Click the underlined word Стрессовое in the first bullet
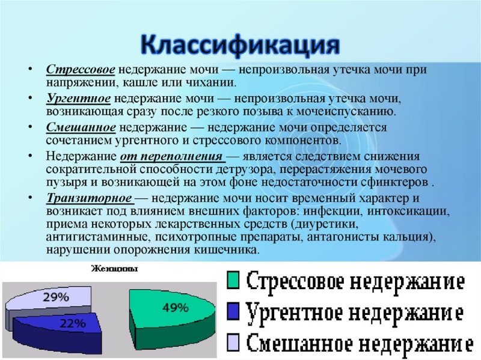point(81,70)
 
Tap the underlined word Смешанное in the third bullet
point(81,128)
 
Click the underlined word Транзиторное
point(88,198)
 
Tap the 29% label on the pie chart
point(54,296)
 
